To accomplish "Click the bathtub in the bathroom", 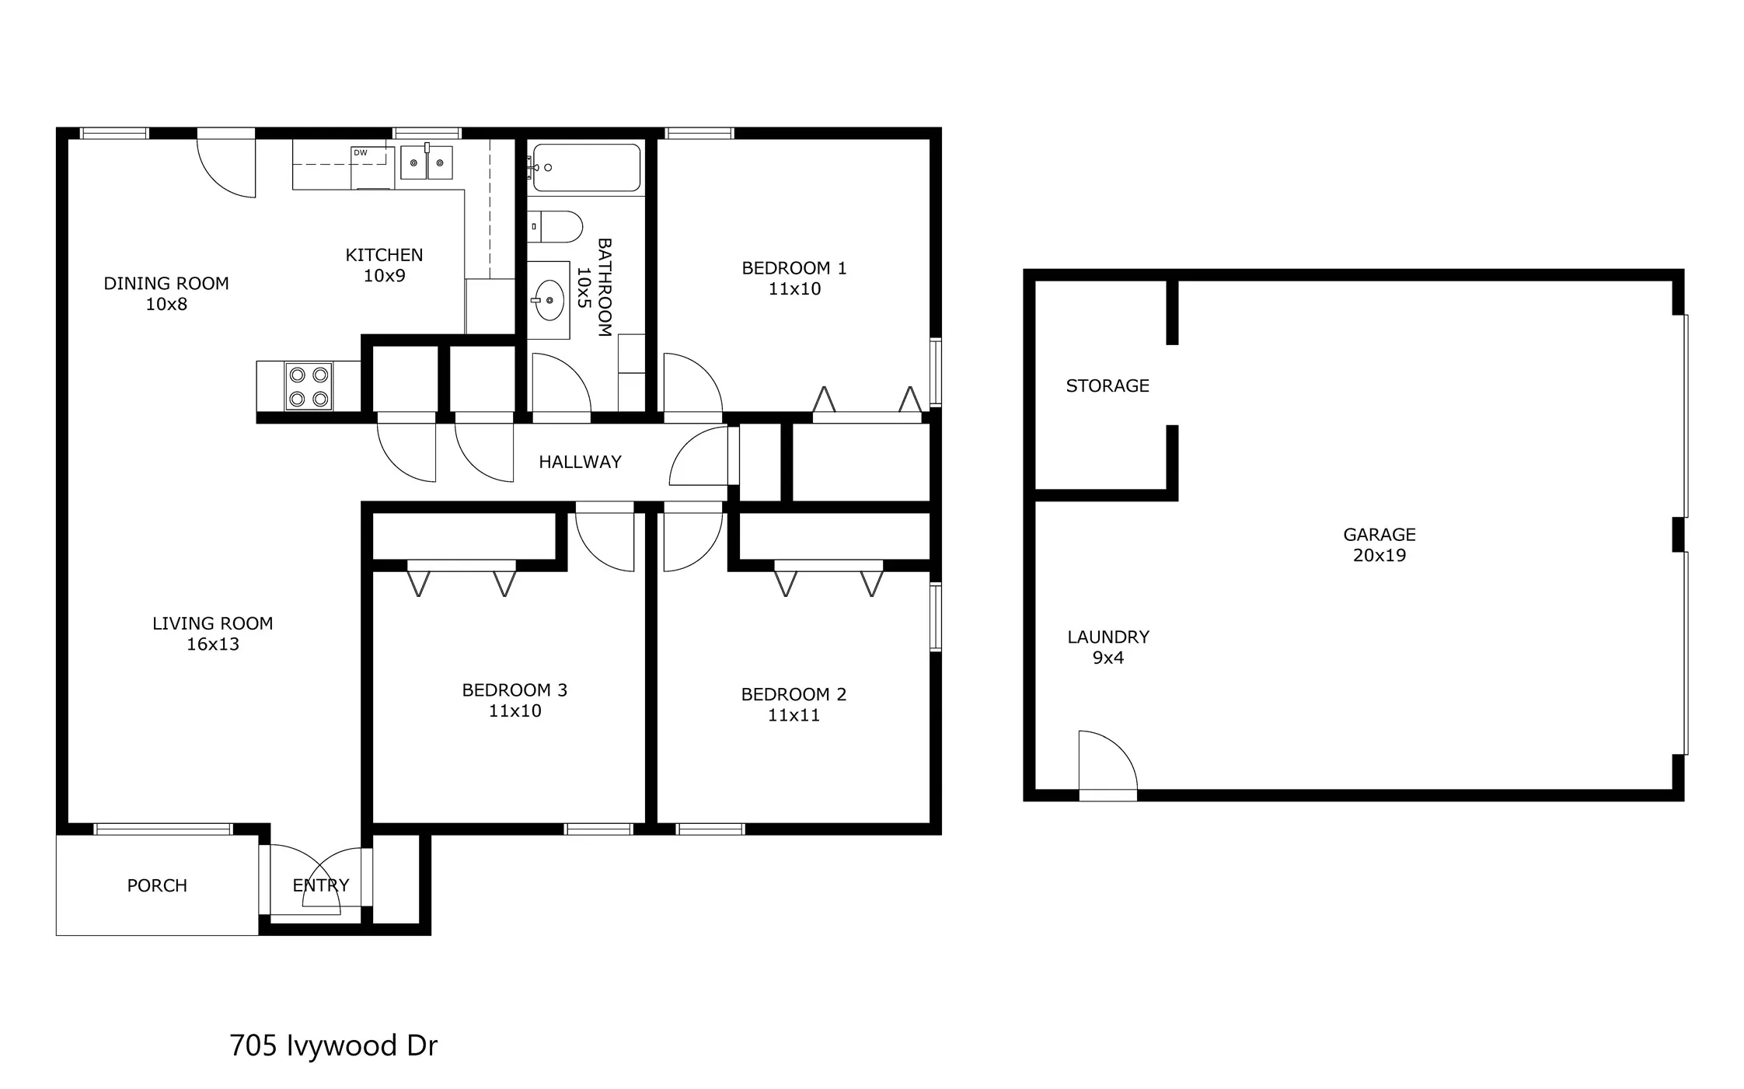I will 587,167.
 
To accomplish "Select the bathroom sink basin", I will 549,300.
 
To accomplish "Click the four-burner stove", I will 309,386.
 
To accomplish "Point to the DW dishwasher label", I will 361,153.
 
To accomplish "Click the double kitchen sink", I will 427,162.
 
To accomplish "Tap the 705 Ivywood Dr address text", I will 333,1045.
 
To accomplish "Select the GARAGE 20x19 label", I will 1379,545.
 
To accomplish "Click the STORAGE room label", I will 1107,386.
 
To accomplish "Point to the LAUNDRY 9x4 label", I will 1107,647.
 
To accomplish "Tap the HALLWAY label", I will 580,462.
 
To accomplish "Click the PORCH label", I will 157,885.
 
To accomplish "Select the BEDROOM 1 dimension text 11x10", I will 794,289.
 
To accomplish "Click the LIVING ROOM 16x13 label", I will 212,634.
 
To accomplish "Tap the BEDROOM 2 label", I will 794,694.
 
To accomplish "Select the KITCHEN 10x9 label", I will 384,265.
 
